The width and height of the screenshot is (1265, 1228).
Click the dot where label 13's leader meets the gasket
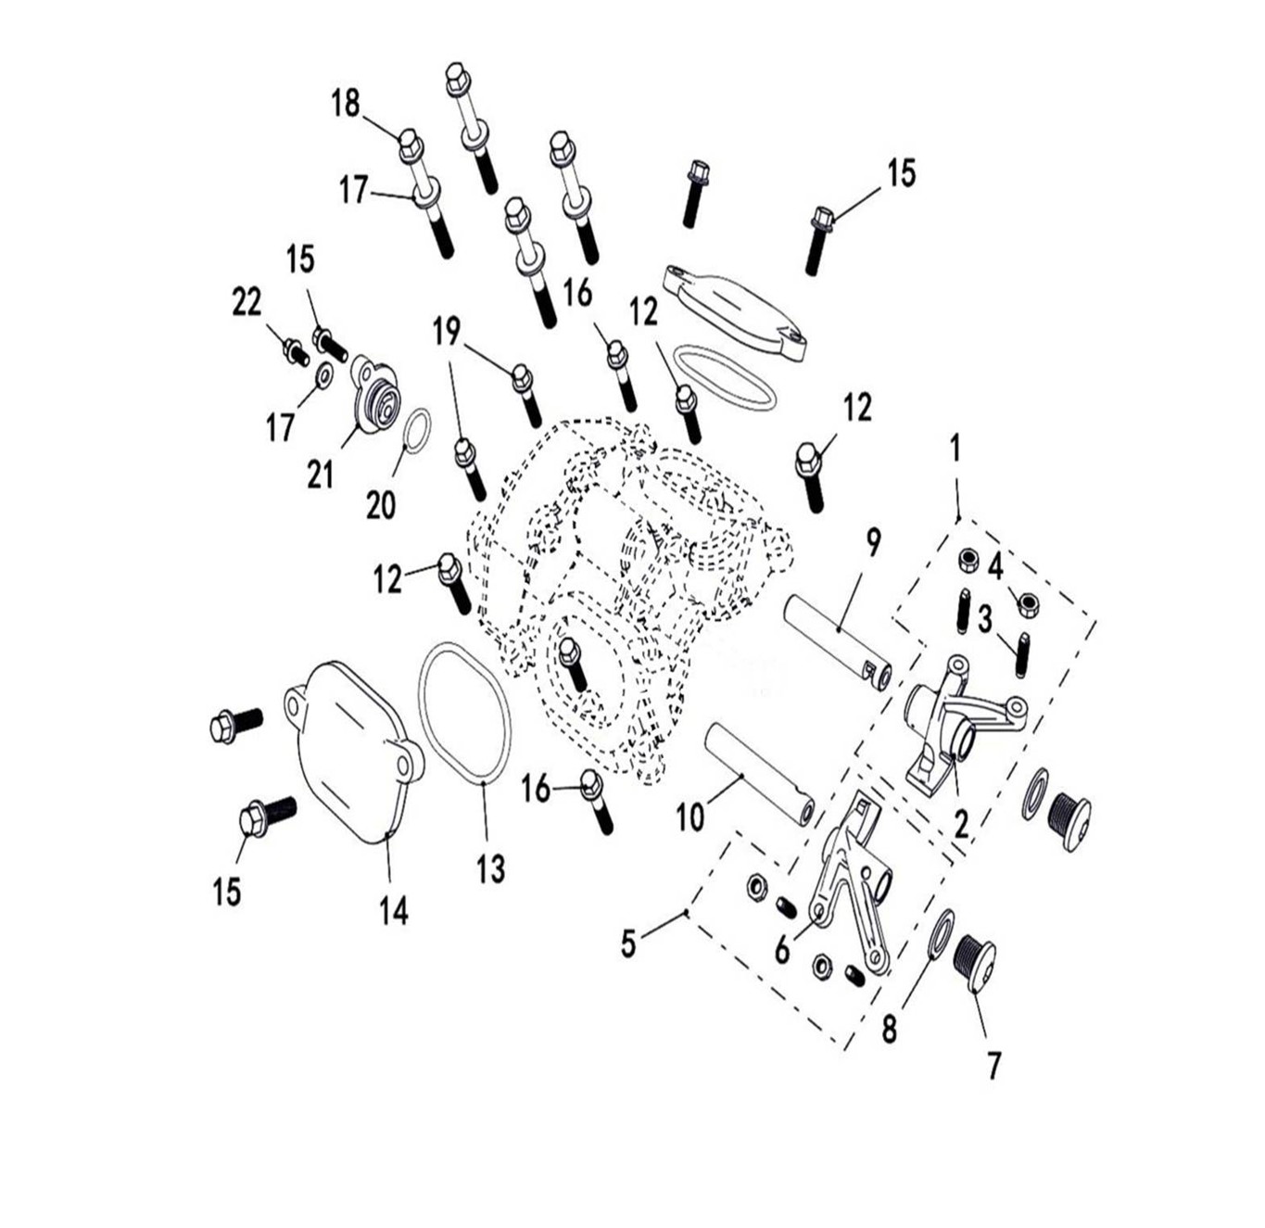485,785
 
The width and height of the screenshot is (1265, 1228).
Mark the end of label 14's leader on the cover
388,833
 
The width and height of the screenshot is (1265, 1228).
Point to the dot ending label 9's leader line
839,628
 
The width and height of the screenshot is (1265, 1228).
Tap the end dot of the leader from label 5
687,914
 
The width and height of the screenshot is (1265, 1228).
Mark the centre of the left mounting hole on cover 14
295,704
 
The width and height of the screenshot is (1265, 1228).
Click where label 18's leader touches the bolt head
399,136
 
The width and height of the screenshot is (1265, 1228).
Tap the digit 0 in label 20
388,505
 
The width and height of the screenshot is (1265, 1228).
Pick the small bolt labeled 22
295,351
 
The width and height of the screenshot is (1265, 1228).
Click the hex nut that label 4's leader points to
1028,604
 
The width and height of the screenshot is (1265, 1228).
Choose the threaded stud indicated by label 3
1022,655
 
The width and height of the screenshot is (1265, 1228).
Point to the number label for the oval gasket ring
490,867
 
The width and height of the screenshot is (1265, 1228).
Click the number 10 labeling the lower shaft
690,817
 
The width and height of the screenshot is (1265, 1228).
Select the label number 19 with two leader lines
447,332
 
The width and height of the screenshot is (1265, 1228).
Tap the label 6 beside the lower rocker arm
782,951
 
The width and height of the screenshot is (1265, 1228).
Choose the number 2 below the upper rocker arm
961,824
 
